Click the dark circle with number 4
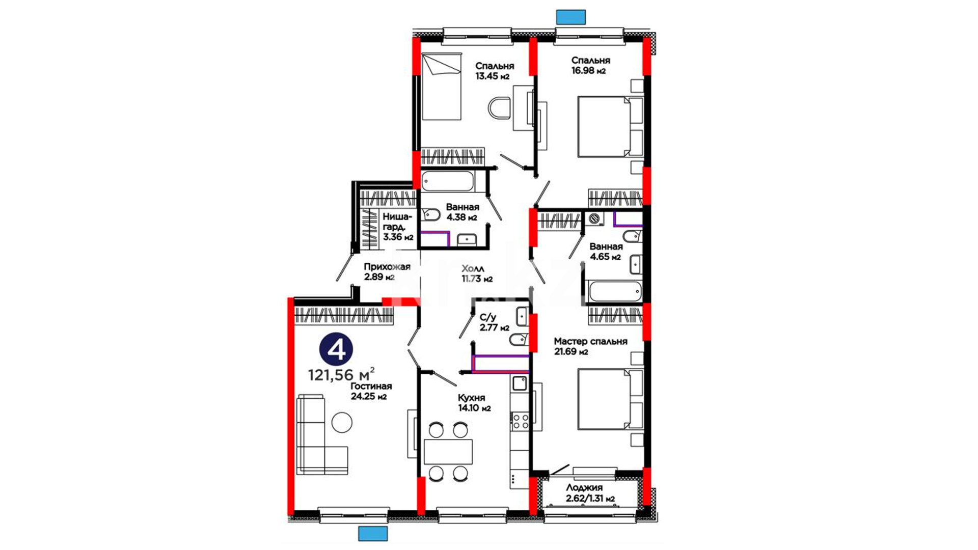pos(336,349)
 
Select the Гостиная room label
pos(371,386)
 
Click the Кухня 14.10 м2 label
pos(474,403)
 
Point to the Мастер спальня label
pos(590,341)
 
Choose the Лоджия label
pos(584,487)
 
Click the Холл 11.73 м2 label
pos(477,273)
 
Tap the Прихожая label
pos(387,267)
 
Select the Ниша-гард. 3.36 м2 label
pos(398,227)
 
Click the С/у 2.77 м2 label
pos(494,322)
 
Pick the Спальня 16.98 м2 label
pos(590,65)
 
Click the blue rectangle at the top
pos(571,17)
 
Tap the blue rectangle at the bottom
pos(373,534)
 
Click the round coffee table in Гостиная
pos(342,422)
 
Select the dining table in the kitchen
pos(448,451)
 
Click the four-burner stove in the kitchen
pos(520,421)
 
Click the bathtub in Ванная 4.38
pos(448,182)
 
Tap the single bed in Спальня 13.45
pos(442,88)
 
